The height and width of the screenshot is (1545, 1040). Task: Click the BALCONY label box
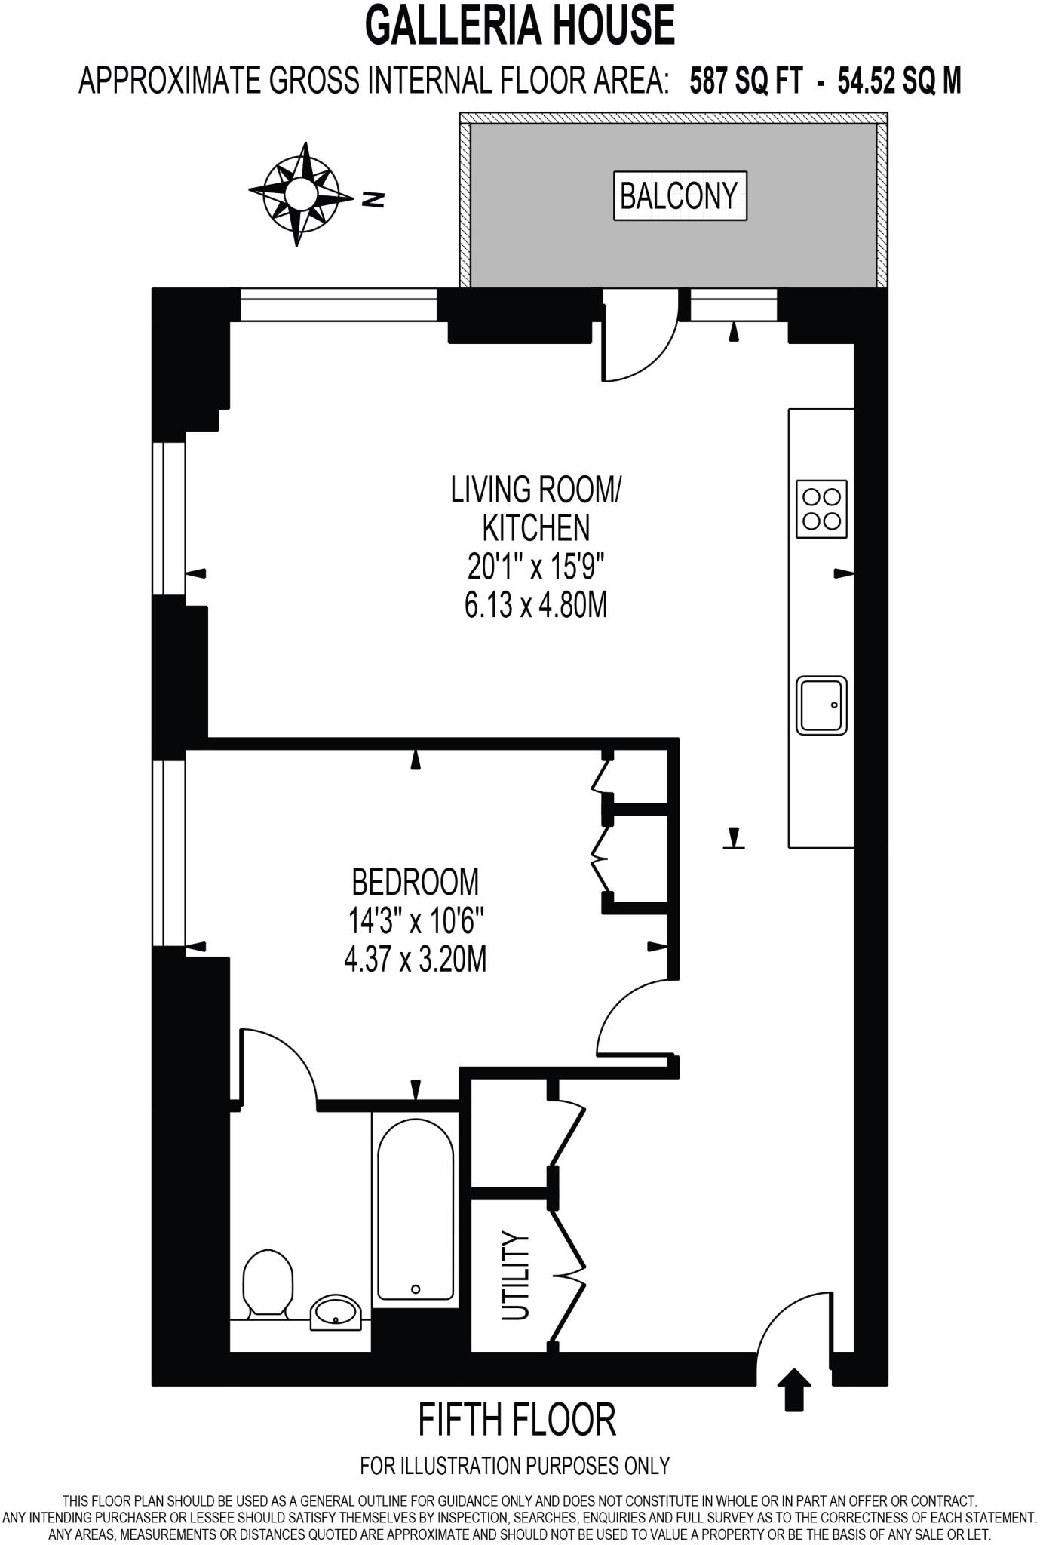coord(680,196)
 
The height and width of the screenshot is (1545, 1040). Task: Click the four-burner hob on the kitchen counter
coord(821,509)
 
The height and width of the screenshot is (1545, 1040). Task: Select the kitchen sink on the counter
coord(821,705)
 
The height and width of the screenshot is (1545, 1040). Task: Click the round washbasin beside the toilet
coord(337,1312)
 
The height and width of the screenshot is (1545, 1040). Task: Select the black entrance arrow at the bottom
coord(793,1389)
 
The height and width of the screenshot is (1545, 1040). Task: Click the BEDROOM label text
coord(415,881)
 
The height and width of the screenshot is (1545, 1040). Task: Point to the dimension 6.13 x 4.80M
coord(535,605)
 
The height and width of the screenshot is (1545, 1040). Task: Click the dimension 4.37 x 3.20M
coord(415,960)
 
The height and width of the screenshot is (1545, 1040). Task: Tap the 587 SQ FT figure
coord(746,81)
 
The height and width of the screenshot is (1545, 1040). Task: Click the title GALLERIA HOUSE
coord(520,25)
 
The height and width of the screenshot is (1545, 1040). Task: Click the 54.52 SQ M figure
coord(899,81)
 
